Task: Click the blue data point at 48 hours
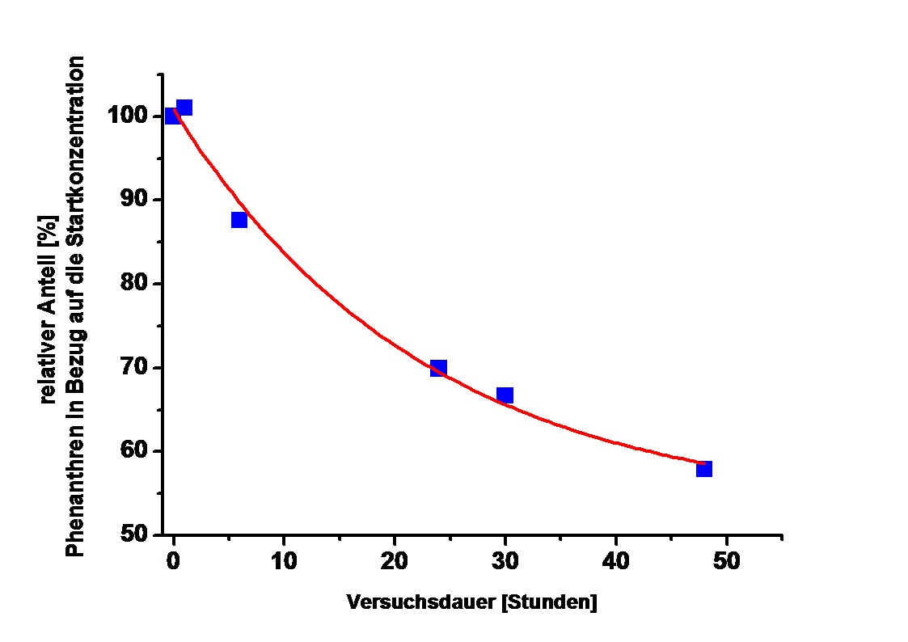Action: (703, 468)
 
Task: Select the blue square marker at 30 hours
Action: (505, 395)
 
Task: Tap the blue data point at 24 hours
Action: (438, 368)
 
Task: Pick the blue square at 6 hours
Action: (239, 220)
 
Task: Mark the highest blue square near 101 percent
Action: (184, 108)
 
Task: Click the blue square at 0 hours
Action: (171, 116)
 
